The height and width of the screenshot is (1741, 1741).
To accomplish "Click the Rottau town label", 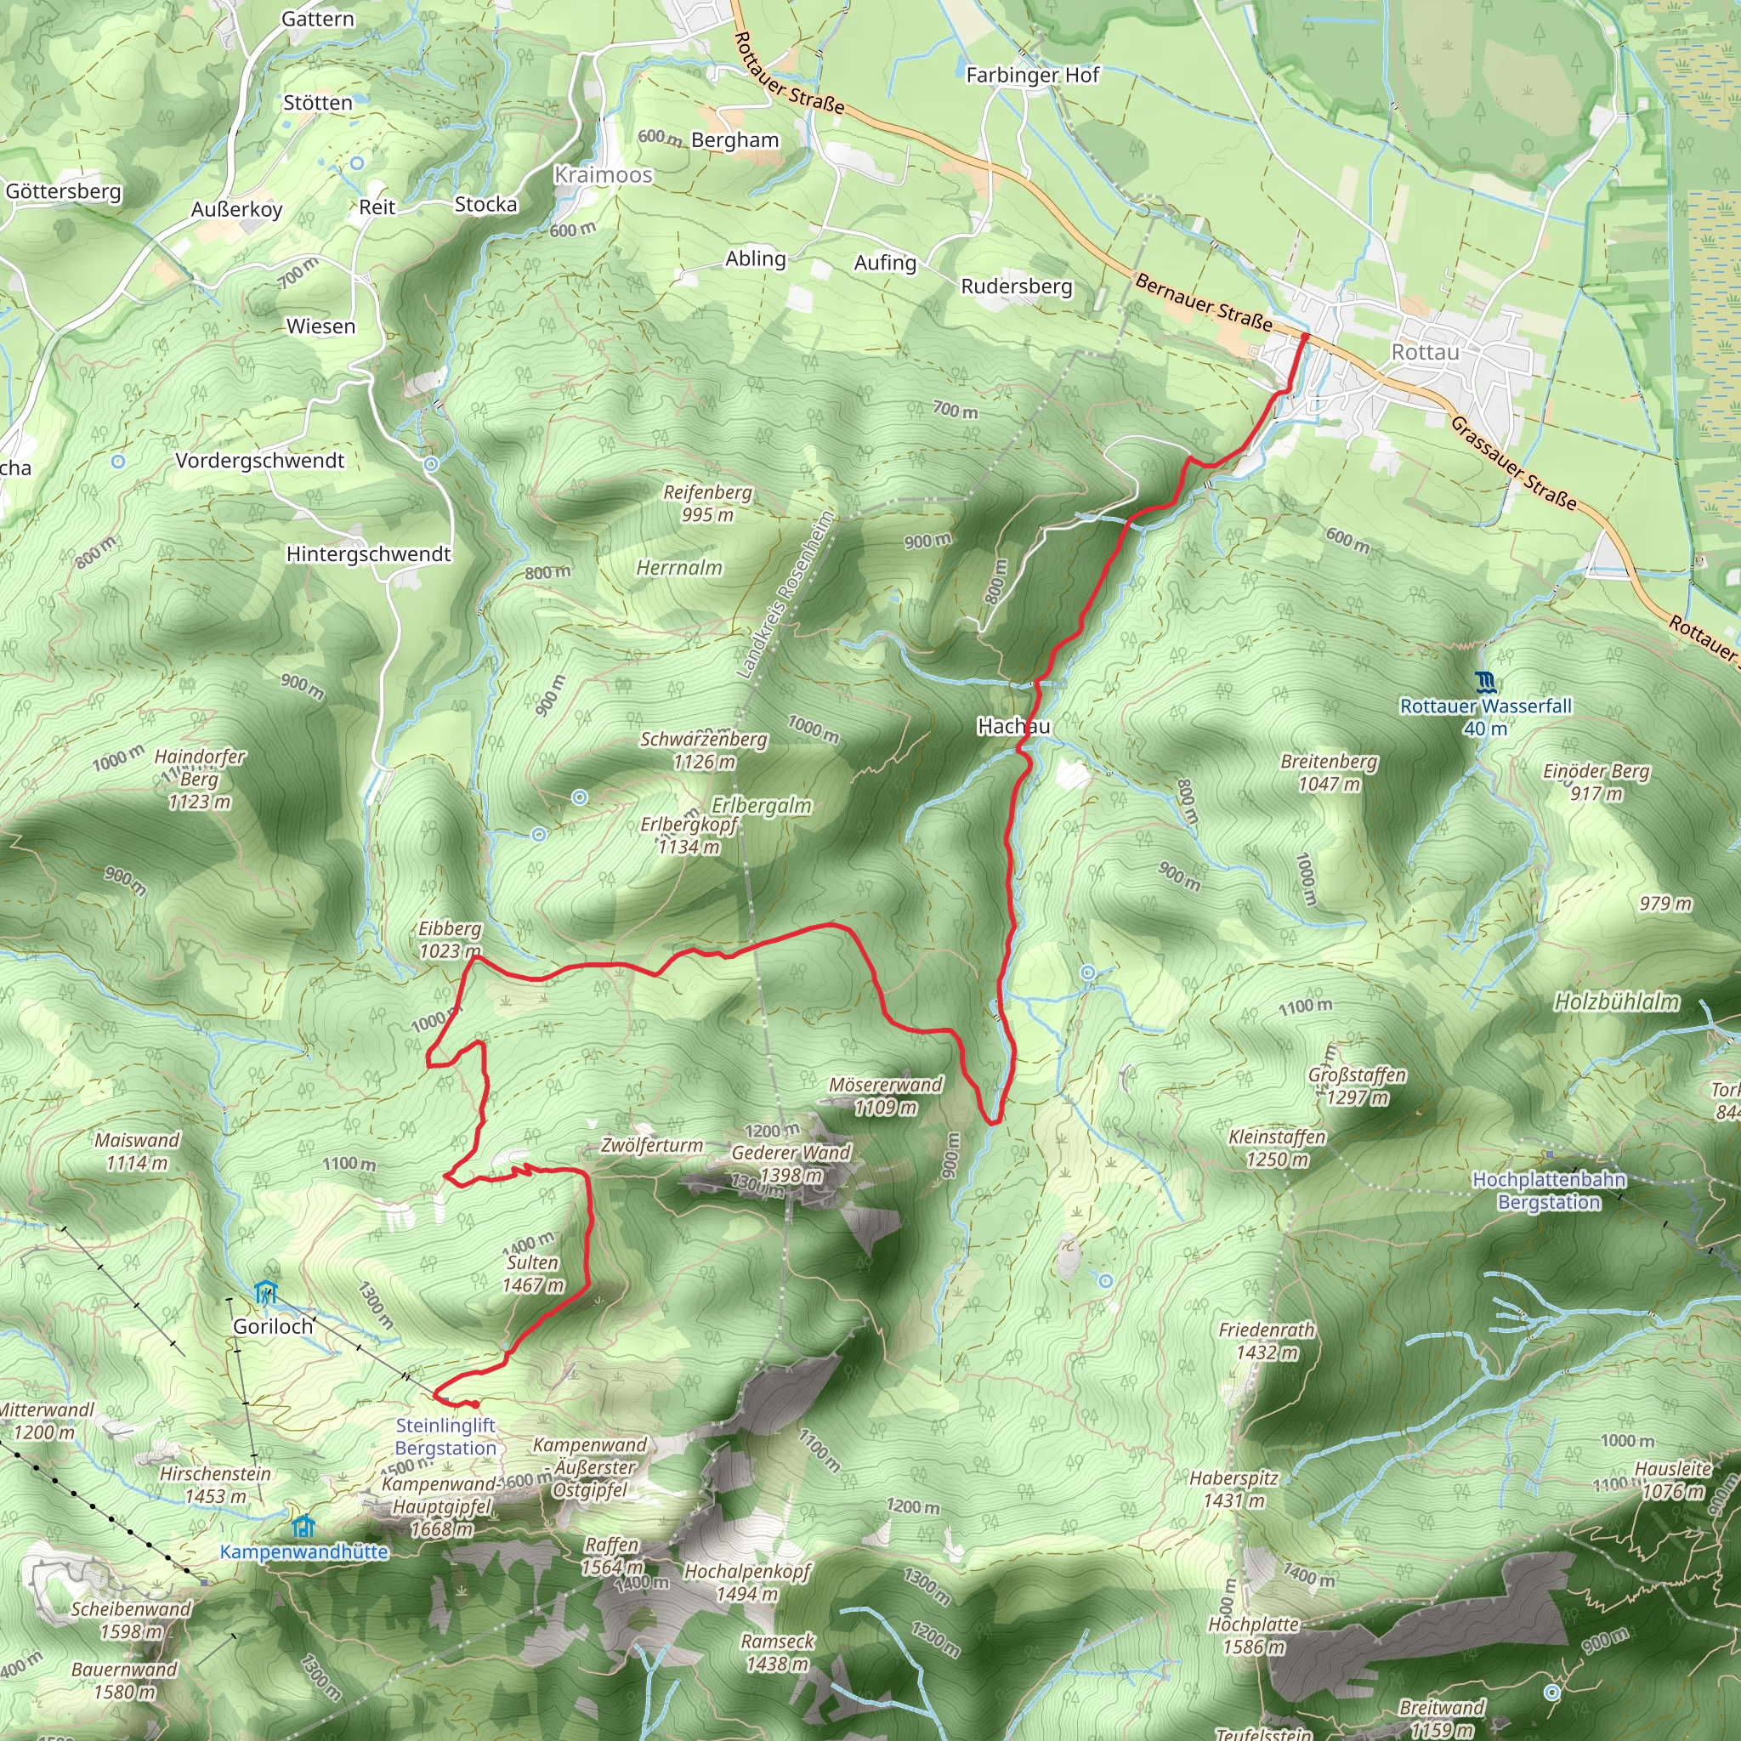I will (x=1425, y=351).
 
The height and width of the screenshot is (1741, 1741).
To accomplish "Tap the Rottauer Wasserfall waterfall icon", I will (x=1486, y=681).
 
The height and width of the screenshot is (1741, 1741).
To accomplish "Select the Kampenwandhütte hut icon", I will (x=303, y=1527).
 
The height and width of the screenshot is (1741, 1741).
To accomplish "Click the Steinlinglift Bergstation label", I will (x=446, y=1437).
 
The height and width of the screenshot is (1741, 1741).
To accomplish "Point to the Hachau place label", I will (x=1014, y=725).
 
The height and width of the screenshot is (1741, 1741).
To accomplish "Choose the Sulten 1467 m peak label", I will (x=534, y=1273).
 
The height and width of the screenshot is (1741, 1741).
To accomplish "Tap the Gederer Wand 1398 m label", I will (x=791, y=1164).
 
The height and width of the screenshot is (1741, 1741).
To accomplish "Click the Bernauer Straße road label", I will (x=1204, y=303).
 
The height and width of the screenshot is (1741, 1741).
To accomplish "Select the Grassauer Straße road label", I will (x=1513, y=463).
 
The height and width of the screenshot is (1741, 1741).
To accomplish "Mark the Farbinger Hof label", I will (x=1032, y=75).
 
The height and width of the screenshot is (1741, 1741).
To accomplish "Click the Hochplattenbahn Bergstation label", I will (x=1548, y=1190).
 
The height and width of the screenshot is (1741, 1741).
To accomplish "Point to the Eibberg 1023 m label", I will (x=450, y=939).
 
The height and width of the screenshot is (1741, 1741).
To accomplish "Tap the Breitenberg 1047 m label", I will (x=1330, y=772).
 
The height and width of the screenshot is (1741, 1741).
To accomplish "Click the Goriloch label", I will (x=273, y=1325).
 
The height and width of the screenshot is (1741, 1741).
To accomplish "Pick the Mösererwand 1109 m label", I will (x=886, y=1095).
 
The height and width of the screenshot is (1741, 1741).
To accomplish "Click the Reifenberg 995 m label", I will (x=707, y=503).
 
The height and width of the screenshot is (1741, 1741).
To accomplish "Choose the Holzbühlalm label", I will (x=1617, y=1001).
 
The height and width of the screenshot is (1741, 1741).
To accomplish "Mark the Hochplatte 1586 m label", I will (x=1254, y=1636).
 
